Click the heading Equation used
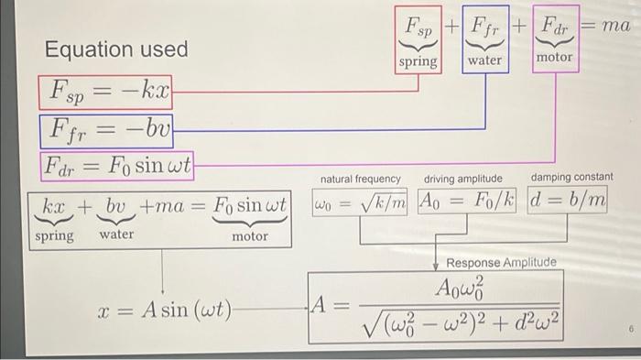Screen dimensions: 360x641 point(116,49)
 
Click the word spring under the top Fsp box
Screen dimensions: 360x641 point(418,62)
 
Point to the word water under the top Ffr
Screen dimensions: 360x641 point(485,61)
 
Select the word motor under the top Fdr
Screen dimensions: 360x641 point(554,58)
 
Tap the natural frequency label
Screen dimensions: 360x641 point(360,179)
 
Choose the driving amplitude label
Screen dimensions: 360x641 point(463,178)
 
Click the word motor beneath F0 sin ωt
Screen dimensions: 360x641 point(249,236)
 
